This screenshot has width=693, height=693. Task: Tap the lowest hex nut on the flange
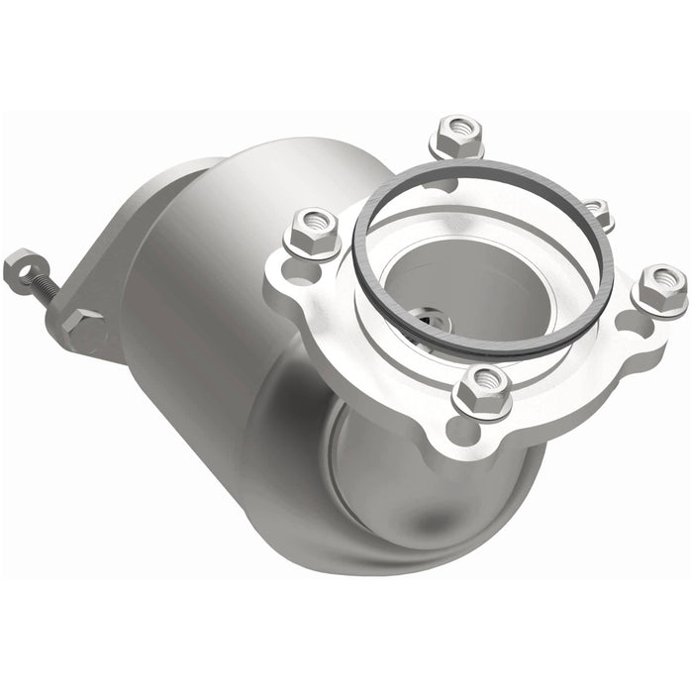[x=482, y=389]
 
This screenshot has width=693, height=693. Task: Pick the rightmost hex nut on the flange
[x=660, y=288]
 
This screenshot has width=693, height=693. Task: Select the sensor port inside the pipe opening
[x=432, y=322]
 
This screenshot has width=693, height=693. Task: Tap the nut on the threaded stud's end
[x=20, y=268]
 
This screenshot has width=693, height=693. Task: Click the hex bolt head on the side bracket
[x=83, y=328]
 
